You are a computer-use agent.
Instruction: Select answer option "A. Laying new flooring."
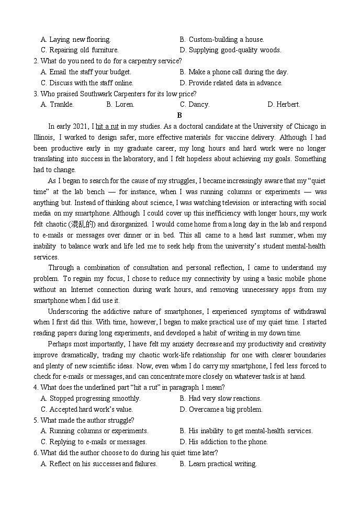[x=75, y=39]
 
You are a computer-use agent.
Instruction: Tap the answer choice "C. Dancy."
[x=195, y=104]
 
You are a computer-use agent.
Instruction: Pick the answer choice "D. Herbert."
[x=284, y=104]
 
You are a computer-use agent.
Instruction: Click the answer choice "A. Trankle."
[x=57, y=104]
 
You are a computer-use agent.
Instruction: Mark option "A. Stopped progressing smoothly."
[x=91, y=399]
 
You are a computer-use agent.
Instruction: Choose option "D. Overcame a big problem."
[x=221, y=410]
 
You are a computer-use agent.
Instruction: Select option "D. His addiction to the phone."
[x=223, y=442]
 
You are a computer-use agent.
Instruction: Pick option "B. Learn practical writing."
[x=218, y=464]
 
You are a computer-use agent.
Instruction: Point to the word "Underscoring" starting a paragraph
[x=69, y=311]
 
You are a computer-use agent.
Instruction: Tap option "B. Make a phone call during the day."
[x=233, y=72]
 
